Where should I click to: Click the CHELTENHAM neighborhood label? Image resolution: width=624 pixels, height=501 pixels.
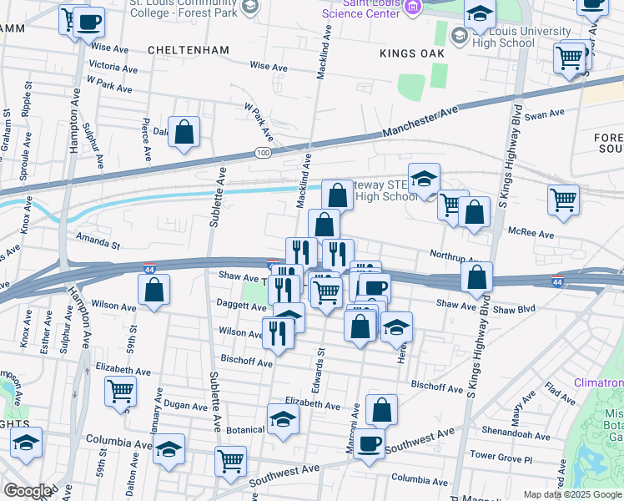coord(188,50)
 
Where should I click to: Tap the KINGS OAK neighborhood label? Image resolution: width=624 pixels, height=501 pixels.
coord(410,53)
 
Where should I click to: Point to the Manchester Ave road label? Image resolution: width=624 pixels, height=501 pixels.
coord(421,122)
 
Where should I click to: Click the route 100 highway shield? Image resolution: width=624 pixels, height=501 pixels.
coord(264,154)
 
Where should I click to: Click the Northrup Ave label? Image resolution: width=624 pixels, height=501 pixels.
coord(455,255)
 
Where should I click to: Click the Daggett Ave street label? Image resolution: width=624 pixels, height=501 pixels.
coord(240,306)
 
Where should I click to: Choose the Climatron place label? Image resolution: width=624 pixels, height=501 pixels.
coord(598,382)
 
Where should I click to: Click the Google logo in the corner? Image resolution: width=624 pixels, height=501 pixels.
coord(28,491)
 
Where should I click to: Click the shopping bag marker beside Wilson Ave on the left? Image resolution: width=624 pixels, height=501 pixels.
coord(153,291)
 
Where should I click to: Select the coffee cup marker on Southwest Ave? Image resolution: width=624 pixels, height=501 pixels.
coord(370,443)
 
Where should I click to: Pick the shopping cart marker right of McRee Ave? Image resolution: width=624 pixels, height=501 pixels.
coord(564,200)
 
